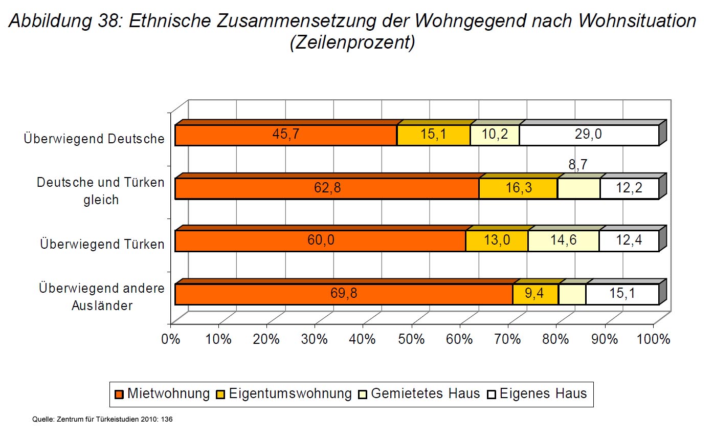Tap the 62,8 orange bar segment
(x=327, y=188)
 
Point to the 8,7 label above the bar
(x=577, y=165)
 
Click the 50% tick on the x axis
(x=412, y=339)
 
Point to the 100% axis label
(x=653, y=339)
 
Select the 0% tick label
(x=170, y=339)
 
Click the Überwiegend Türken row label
(x=102, y=244)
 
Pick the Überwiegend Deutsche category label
(x=94, y=139)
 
